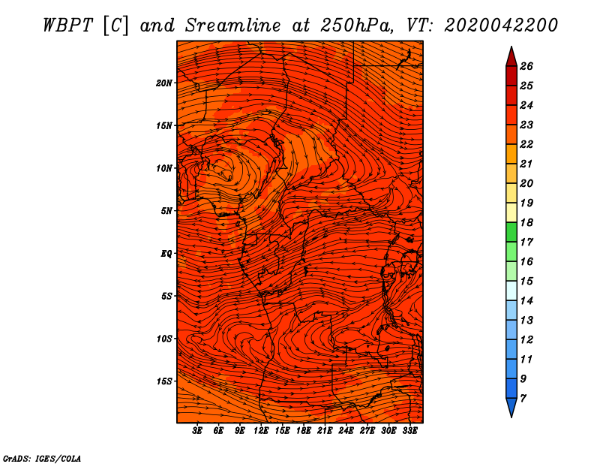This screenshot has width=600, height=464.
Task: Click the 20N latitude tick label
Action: tap(164, 83)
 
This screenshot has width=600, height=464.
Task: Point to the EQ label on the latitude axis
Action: tap(166, 254)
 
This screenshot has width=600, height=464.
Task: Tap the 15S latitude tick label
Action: tap(164, 381)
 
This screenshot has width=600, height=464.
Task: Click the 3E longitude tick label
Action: tap(198, 432)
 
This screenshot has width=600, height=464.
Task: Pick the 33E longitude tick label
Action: tap(409, 432)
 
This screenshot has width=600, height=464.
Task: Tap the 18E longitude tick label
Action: tap(303, 432)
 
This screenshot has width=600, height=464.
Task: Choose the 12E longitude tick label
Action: tap(261, 432)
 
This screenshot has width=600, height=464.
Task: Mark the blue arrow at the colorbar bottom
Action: tap(511, 408)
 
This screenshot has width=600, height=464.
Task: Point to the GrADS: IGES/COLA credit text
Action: tap(41, 457)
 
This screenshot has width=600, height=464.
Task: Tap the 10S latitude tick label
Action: tap(164, 339)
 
